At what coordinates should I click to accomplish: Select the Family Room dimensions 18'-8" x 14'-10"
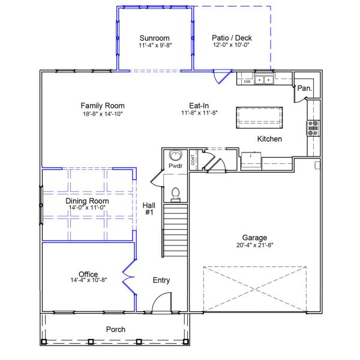point(103,113)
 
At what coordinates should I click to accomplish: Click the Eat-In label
point(199,105)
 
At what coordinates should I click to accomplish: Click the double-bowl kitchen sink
point(264,79)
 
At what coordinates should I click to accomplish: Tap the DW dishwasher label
point(246,80)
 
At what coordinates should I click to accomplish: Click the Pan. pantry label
point(304,88)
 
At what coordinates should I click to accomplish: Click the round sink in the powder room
point(175,154)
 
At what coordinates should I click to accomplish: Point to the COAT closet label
point(193,160)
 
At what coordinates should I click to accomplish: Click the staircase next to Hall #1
point(175,227)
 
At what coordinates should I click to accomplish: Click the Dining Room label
point(87,201)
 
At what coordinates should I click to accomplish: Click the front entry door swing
point(161,306)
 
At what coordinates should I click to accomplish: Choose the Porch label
point(115,329)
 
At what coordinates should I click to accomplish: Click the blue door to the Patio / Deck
point(223,76)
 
